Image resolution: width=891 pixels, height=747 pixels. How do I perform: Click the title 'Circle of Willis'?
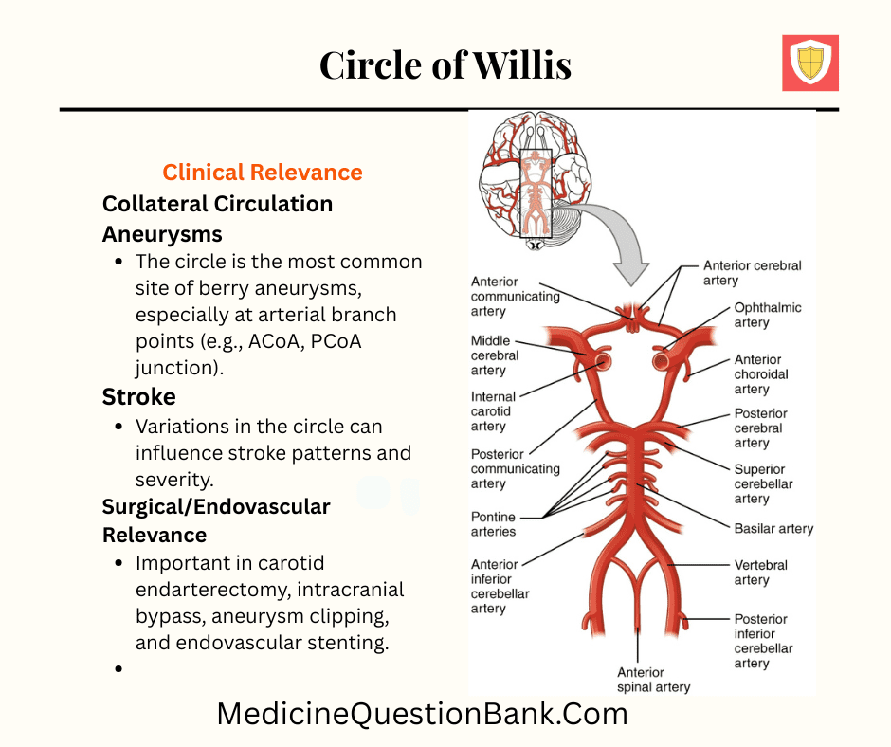pos(445,65)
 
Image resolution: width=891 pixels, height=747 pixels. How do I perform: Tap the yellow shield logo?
pos(809,64)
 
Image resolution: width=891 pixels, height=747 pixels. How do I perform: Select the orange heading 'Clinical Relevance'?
pos(263,173)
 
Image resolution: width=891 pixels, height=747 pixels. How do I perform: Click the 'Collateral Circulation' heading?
pos(217,204)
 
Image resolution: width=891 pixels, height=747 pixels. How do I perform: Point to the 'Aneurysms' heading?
pos(162,234)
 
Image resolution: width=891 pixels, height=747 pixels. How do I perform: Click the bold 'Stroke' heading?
pos(139,396)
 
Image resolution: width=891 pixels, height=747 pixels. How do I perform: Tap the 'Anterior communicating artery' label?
pos(515,296)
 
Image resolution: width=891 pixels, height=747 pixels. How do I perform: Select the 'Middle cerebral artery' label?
pos(495,355)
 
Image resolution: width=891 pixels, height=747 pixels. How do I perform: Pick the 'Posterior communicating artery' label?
pos(515,468)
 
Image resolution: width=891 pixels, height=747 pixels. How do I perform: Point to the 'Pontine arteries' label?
pos(494,524)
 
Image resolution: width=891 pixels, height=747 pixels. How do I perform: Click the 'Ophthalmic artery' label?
pos(767,315)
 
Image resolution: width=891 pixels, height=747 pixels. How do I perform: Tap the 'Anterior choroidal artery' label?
pos(760,374)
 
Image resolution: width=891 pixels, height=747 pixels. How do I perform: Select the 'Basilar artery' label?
pos(773,528)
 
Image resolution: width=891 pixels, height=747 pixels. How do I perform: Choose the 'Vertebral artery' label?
pos(760,573)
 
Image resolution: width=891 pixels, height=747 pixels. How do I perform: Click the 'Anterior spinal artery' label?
pos(653,680)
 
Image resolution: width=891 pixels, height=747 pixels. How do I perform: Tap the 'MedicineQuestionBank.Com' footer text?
pos(422,713)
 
